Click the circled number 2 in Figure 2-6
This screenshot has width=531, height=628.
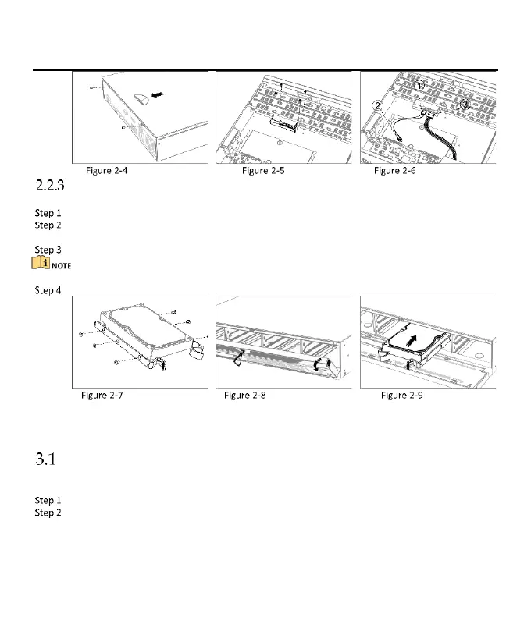pyautogui.click(x=376, y=106)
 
